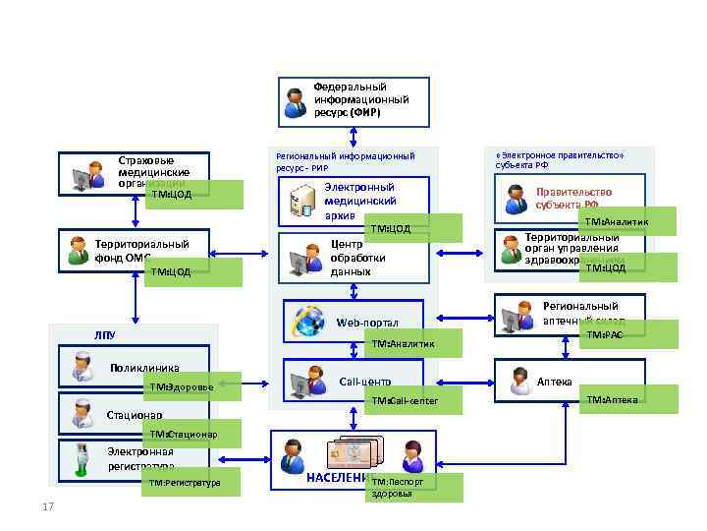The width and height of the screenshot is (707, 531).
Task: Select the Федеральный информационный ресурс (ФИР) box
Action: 353,101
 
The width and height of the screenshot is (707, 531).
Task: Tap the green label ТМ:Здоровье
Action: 191,387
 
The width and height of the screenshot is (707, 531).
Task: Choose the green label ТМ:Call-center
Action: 412,401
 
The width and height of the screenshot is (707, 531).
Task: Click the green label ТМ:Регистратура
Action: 190,483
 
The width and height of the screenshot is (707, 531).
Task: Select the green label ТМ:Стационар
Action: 190,434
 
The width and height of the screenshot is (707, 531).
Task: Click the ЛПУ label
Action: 105,335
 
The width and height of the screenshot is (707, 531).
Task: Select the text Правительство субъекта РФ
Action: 573,199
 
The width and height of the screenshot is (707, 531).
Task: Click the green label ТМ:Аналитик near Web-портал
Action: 412,343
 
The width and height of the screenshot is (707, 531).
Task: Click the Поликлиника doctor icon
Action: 78,368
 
